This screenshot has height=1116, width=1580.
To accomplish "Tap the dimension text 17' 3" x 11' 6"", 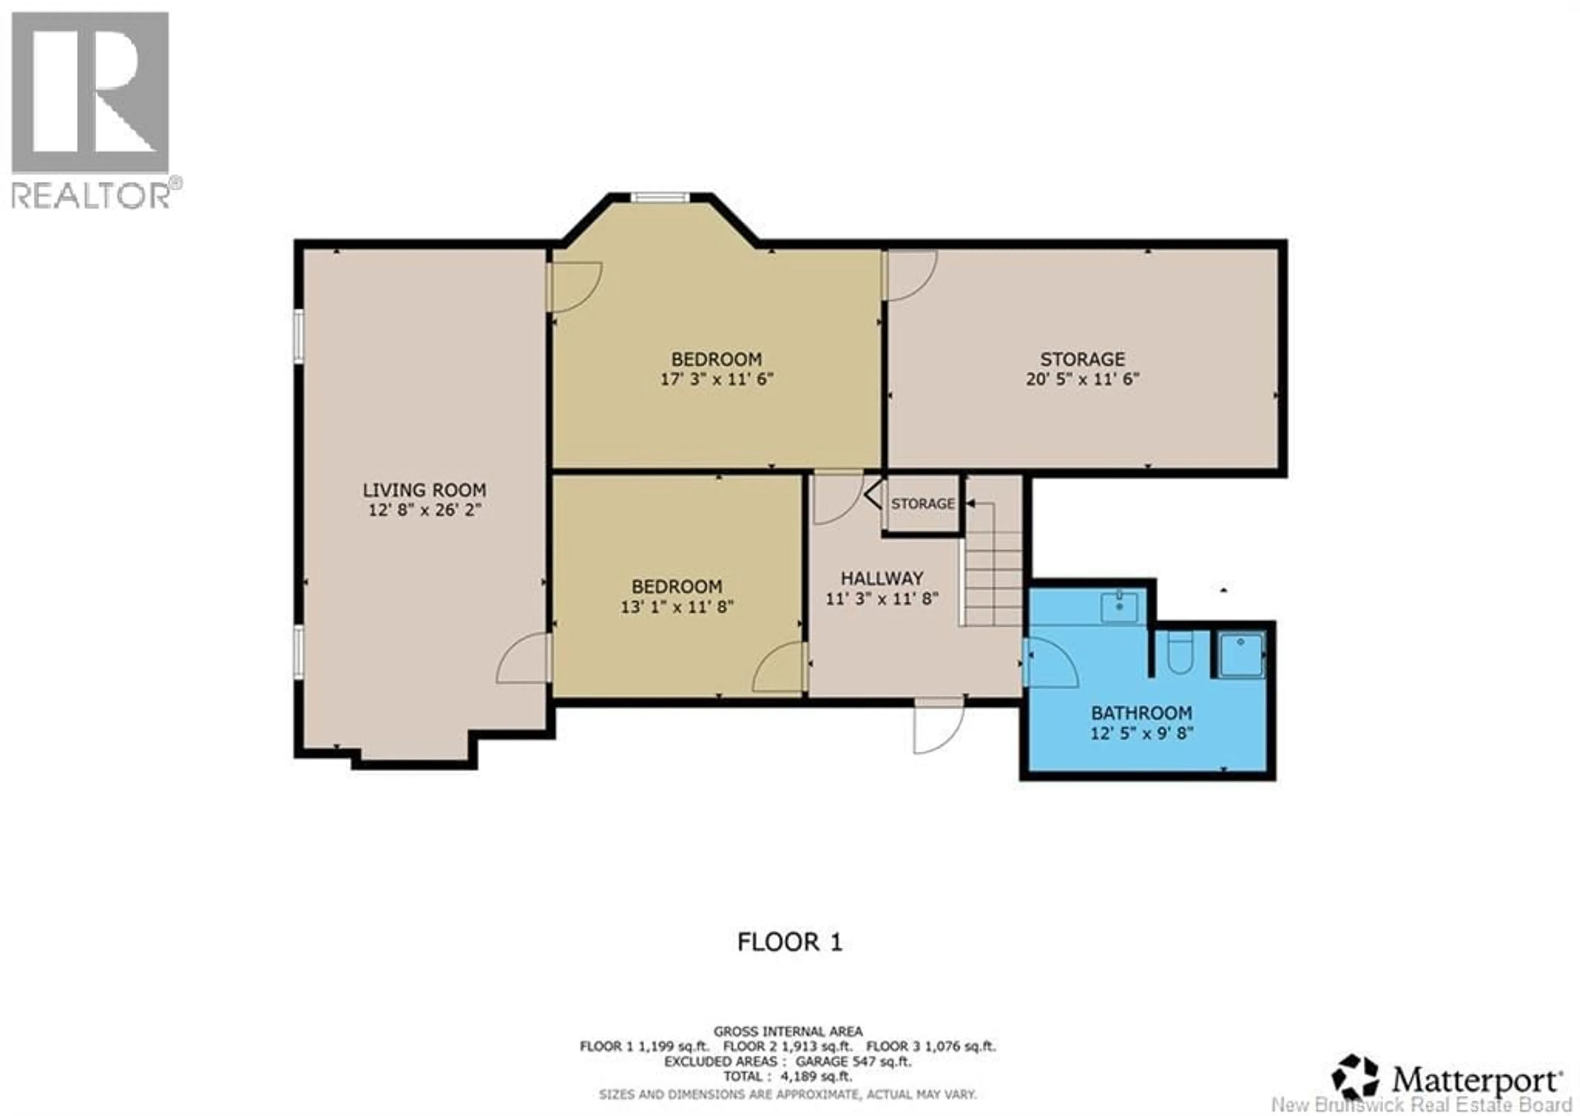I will pos(717,380).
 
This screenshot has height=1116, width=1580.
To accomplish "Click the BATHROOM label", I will pos(1141,713).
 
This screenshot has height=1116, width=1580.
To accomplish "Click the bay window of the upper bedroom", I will pos(660,198).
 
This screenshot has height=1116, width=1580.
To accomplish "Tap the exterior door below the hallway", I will pos(938,727).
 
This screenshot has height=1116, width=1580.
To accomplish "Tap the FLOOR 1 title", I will pos(789,942).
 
